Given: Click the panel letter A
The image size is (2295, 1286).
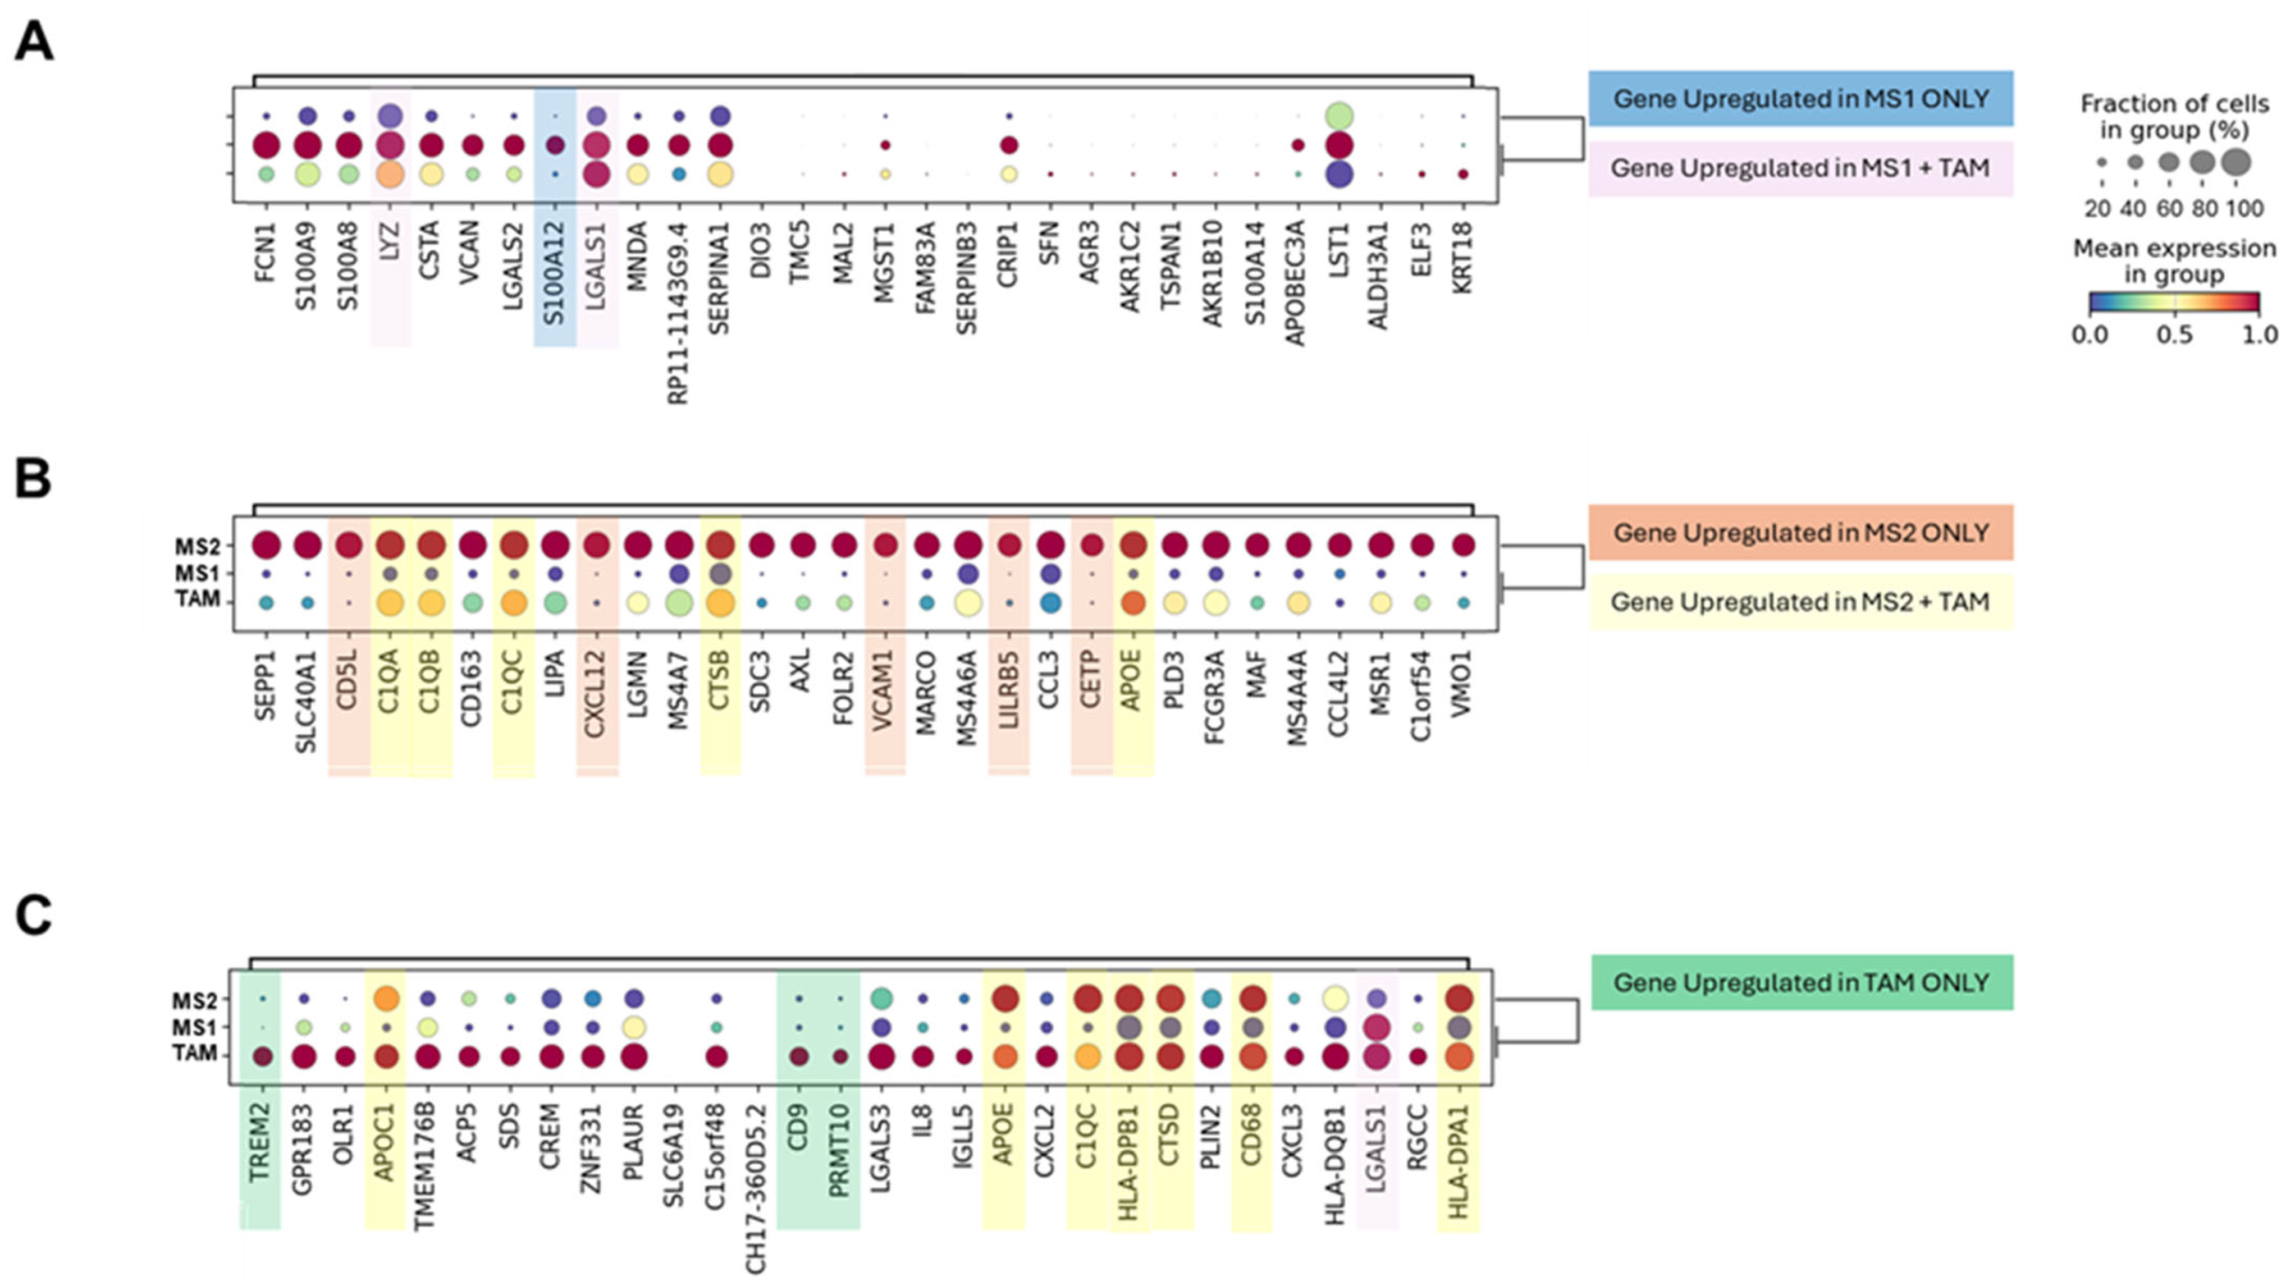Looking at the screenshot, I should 34,42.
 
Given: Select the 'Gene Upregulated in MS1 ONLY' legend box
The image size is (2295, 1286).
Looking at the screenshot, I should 1800,98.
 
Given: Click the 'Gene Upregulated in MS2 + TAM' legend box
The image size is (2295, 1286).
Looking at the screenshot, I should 1800,602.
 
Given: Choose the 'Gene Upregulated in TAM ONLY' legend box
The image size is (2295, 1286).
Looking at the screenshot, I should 1802,982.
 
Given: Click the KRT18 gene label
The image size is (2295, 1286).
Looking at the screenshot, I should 1462,258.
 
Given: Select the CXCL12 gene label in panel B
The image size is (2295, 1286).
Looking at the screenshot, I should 595,693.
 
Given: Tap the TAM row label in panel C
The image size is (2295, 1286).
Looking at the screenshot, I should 195,1054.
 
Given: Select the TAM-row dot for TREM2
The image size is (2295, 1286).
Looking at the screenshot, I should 262,1056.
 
